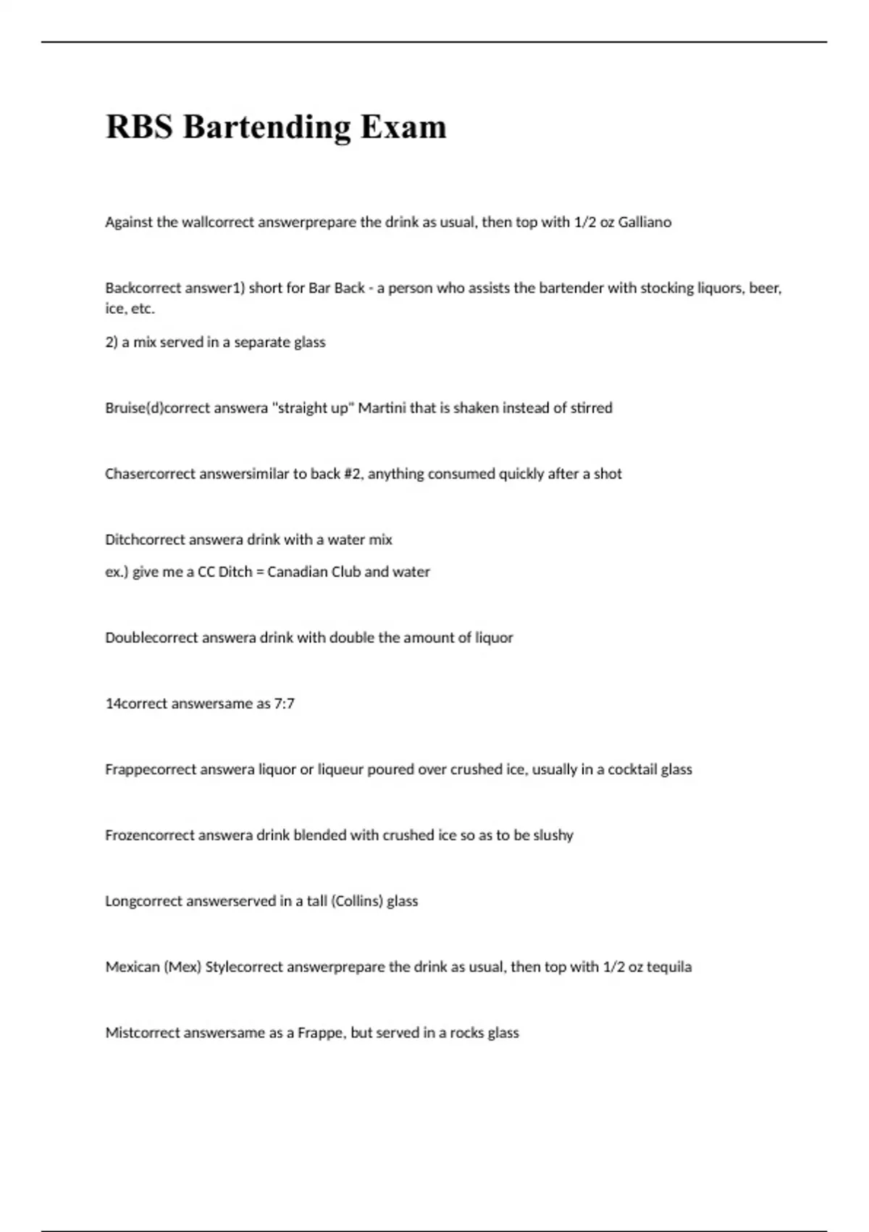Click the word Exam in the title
pyautogui.click(x=403, y=127)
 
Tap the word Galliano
pyautogui.click(x=645, y=222)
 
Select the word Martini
pyautogui.click(x=382, y=407)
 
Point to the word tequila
pyautogui.click(x=669, y=967)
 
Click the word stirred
pyautogui.click(x=591, y=407)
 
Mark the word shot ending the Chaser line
pyautogui.click(x=608, y=473)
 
